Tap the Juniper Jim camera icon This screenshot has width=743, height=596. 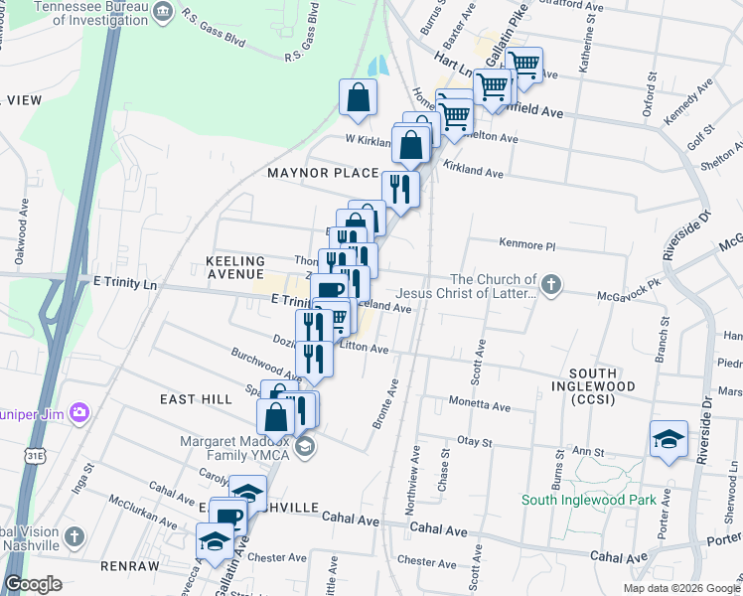[79, 412]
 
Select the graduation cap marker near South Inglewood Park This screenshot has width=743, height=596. [669, 438]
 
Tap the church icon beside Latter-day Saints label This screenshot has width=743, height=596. [553, 288]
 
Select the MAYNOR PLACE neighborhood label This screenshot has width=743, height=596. [323, 173]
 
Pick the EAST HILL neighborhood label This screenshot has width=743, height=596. [195, 397]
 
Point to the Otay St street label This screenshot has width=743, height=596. [473, 440]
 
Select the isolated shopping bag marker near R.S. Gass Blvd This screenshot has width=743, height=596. [359, 97]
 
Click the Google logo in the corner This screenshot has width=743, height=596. [33, 584]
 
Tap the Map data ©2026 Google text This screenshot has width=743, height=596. [680, 588]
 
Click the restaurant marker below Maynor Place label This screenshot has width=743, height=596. [400, 188]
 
